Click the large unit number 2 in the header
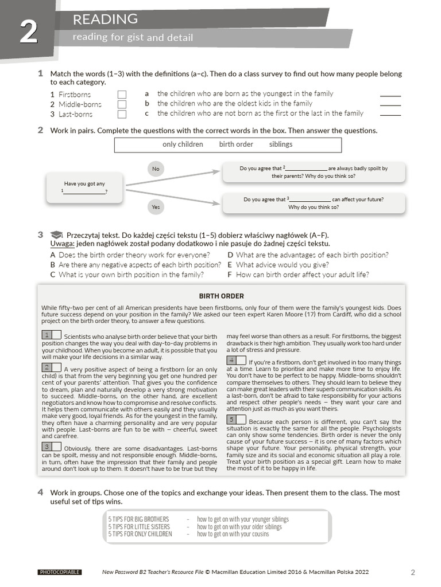coord(28,33)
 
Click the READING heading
coord(105,19)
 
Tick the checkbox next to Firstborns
coord(122,95)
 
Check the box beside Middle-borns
coord(122,104)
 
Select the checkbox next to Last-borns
coord(122,114)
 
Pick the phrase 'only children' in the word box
coord(183,144)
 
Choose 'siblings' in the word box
coord(281,144)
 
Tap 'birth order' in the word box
coord(236,144)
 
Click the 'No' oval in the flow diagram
coord(156,169)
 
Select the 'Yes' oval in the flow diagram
coord(156,206)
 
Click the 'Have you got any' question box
coord(84,187)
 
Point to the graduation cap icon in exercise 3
coord(56,235)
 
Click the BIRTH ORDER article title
coord(221,296)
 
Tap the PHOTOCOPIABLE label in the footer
coord(59,572)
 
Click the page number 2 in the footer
coord(412,572)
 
